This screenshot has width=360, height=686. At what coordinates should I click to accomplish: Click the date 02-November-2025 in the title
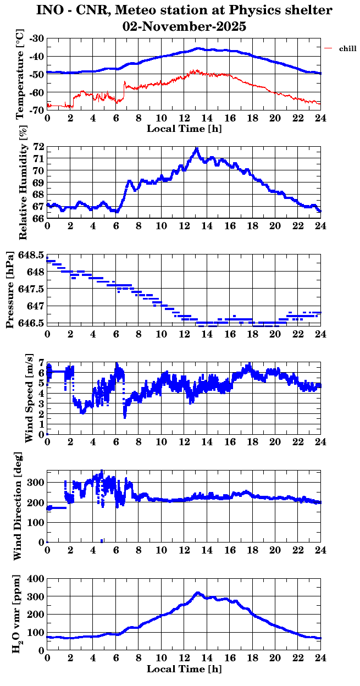click(x=185, y=26)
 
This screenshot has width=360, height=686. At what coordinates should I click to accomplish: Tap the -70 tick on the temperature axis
click(x=38, y=110)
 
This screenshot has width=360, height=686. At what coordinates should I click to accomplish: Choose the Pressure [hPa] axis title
click(x=10, y=289)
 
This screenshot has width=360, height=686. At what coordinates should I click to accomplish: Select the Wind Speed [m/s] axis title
click(x=29, y=399)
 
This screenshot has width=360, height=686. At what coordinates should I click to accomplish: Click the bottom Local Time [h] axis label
click(x=184, y=669)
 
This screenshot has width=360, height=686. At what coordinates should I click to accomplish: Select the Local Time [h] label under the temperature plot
click(x=184, y=129)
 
